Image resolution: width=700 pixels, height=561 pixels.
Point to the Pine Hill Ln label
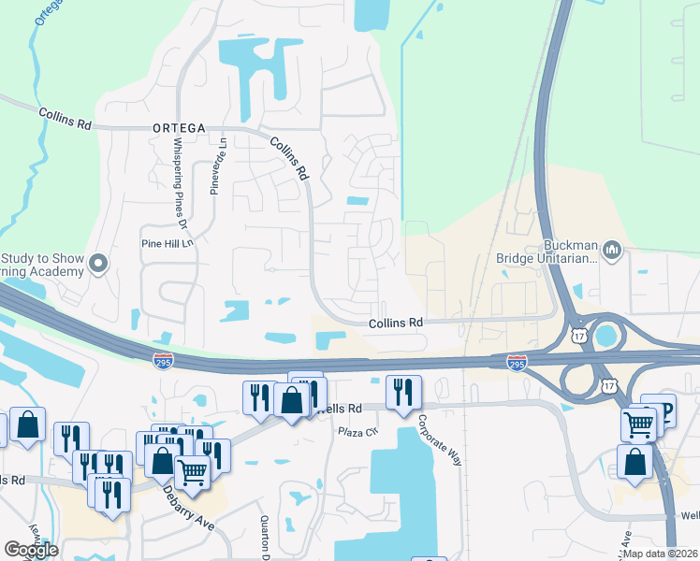166,243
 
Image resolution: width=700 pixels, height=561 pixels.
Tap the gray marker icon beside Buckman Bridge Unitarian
613,249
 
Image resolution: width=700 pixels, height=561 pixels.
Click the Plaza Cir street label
357,431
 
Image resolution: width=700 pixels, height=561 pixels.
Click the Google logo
31,550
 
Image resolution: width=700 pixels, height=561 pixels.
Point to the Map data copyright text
659,553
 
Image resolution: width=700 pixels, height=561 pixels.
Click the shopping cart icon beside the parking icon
639,423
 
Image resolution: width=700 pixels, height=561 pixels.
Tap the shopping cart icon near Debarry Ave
193,472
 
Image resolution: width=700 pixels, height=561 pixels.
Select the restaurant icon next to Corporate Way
403,390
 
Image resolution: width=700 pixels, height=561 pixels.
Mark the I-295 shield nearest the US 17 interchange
516,361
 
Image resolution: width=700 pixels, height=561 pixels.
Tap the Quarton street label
265,533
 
